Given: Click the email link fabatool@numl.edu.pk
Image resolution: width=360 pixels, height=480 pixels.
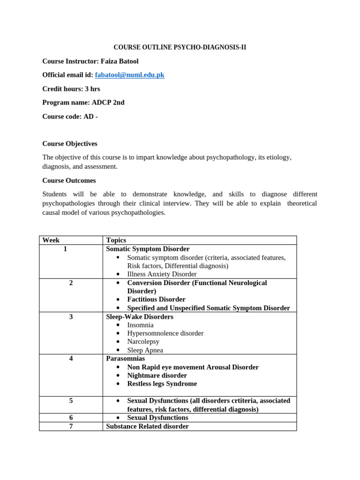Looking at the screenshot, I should coord(129,75).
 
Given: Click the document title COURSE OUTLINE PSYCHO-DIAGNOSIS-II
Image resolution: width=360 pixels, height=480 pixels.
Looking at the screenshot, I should coord(180,47).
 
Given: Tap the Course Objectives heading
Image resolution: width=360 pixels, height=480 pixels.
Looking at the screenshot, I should coord(70,143).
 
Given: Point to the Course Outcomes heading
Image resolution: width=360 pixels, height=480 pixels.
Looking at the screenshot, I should coord(69,180).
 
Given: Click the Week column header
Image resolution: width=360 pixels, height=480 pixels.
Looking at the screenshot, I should coord(51,240).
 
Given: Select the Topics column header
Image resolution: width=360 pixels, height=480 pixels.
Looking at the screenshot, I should coord(116,240).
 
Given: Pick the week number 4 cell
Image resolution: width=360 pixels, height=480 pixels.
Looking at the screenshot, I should coord(71,359).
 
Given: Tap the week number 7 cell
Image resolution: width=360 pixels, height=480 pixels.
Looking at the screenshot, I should coord(71,426).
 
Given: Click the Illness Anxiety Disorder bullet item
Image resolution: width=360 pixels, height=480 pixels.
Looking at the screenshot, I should coord(162,274).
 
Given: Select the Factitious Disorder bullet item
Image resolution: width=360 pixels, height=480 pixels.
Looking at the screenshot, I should coord(156,299).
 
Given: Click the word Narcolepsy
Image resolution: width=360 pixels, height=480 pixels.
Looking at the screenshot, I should coord(143,342).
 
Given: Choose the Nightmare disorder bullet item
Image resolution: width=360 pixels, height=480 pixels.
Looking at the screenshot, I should coord(157,375).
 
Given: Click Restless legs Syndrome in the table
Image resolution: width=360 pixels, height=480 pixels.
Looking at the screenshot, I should coord(162,384).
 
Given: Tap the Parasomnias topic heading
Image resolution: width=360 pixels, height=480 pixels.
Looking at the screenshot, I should coord(126,359).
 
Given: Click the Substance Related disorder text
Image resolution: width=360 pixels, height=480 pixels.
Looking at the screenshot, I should coord(147,426).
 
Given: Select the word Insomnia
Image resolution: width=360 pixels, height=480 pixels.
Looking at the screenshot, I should coord(140,325).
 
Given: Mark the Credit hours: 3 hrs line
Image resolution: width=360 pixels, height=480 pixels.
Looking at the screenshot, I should coord(71,89).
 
